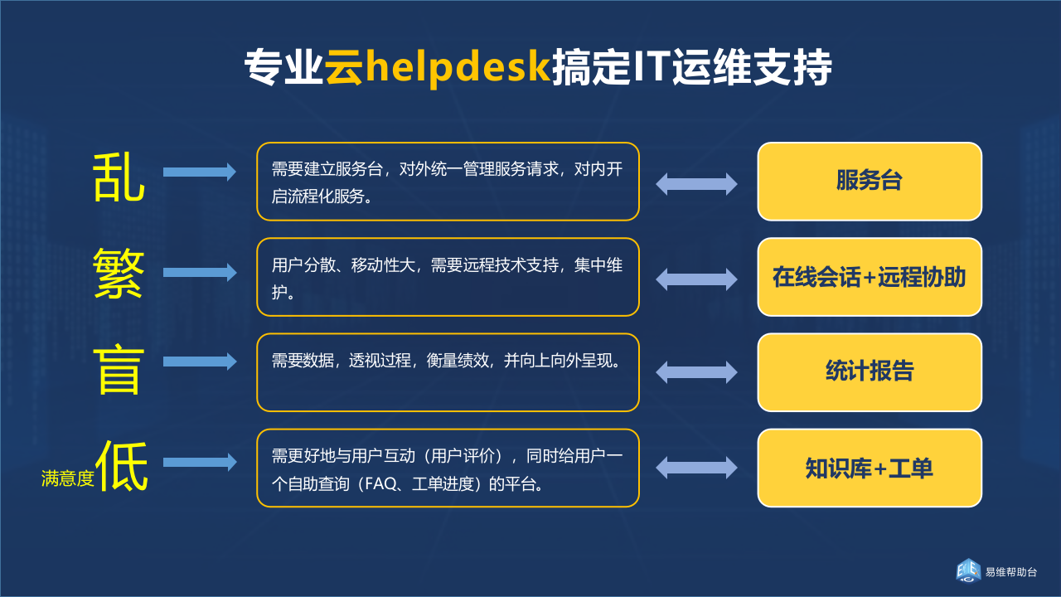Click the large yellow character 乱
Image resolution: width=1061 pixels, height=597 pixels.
coord(119,177)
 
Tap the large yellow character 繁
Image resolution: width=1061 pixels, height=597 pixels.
coord(119,273)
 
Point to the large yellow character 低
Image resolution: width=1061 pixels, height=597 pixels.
coord(123,466)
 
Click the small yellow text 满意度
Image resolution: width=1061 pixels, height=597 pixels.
coord(68,478)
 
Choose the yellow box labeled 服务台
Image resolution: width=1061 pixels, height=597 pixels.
coord(870,182)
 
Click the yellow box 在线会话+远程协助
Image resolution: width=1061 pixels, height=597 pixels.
coord(870,277)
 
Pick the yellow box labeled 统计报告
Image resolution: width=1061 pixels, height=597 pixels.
coord(870,372)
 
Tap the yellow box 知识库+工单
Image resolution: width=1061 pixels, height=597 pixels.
coord(870,468)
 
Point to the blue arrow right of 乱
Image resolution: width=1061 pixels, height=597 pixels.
coord(200,172)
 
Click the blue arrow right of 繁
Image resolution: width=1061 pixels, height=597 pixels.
coord(200,272)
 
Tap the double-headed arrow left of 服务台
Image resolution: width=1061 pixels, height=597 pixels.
coord(696,184)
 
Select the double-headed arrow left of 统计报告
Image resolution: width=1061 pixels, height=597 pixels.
coord(696,372)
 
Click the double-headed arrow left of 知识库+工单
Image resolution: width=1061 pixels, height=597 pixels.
coord(696,468)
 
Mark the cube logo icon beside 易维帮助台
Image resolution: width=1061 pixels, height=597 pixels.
coord(967,571)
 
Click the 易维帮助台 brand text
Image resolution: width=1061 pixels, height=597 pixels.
coord(1010,572)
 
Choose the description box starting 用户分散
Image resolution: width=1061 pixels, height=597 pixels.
coord(448,277)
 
